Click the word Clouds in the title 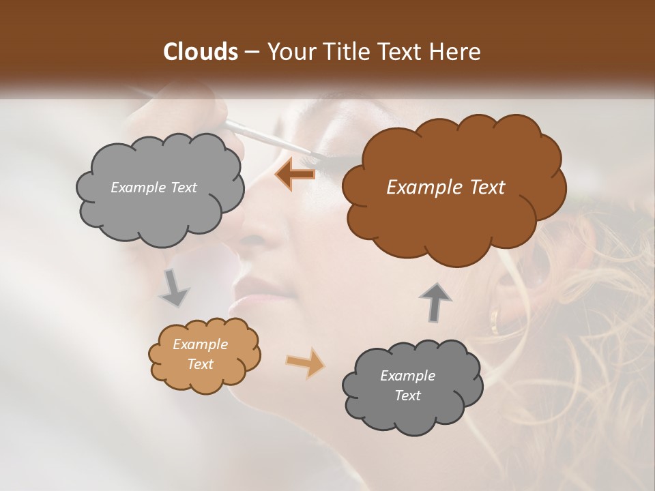(201, 52)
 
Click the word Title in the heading (343, 52)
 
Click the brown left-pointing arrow (295, 175)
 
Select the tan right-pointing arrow (306, 362)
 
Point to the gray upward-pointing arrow (435, 301)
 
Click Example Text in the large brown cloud (446, 188)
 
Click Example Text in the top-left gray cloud (154, 188)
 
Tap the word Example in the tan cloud (200, 344)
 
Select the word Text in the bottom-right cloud (407, 396)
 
